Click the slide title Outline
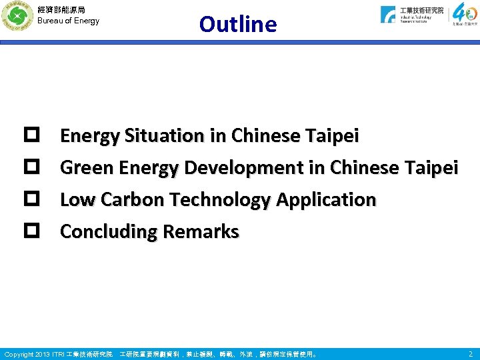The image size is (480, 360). tap(237, 24)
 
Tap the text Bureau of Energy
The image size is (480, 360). tap(68, 21)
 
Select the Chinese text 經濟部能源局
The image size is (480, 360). tap(61, 9)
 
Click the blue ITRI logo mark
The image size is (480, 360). tap(388, 15)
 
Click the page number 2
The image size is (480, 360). tap(470, 354)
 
